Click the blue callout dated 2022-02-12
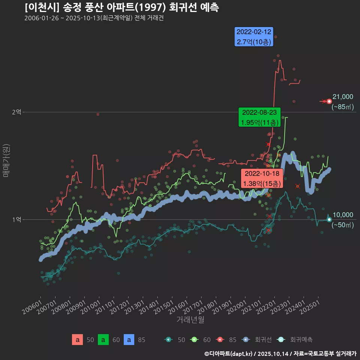[254, 37]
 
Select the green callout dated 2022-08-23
[259, 117]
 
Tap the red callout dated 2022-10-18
[262, 178]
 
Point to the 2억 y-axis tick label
[16, 112]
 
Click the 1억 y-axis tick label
[16, 219]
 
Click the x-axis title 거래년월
[190, 320]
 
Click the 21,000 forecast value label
[343, 97]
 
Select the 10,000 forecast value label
[343, 215]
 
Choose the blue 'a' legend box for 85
[129, 340]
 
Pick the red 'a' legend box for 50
[77, 340]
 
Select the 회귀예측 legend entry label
[301, 340]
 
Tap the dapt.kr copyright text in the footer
[229, 353]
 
